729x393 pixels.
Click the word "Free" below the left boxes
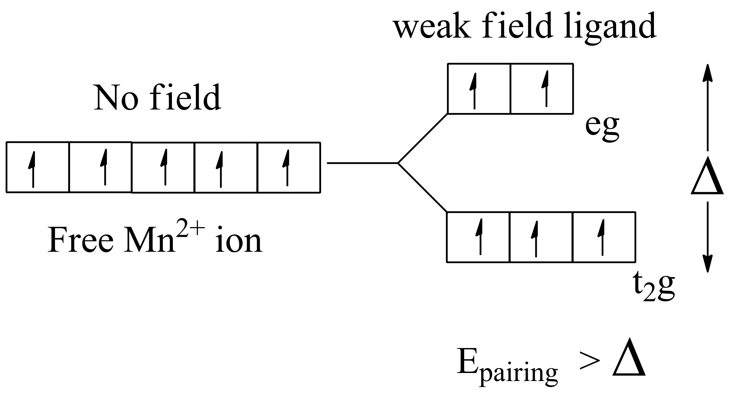tap(81, 240)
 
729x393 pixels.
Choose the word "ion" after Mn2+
tap(238, 240)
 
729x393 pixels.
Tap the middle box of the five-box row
tap(163, 168)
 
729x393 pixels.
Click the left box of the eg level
tap(479, 89)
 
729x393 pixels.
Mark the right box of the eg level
tap(542, 89)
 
